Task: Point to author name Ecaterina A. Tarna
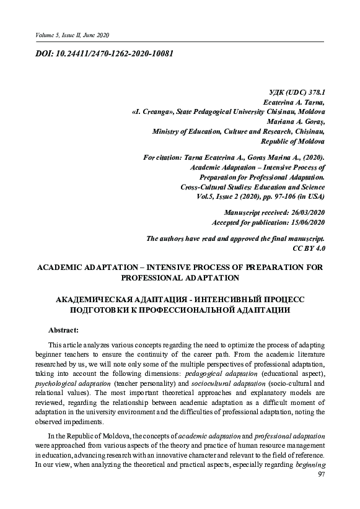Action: [294, 102]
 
